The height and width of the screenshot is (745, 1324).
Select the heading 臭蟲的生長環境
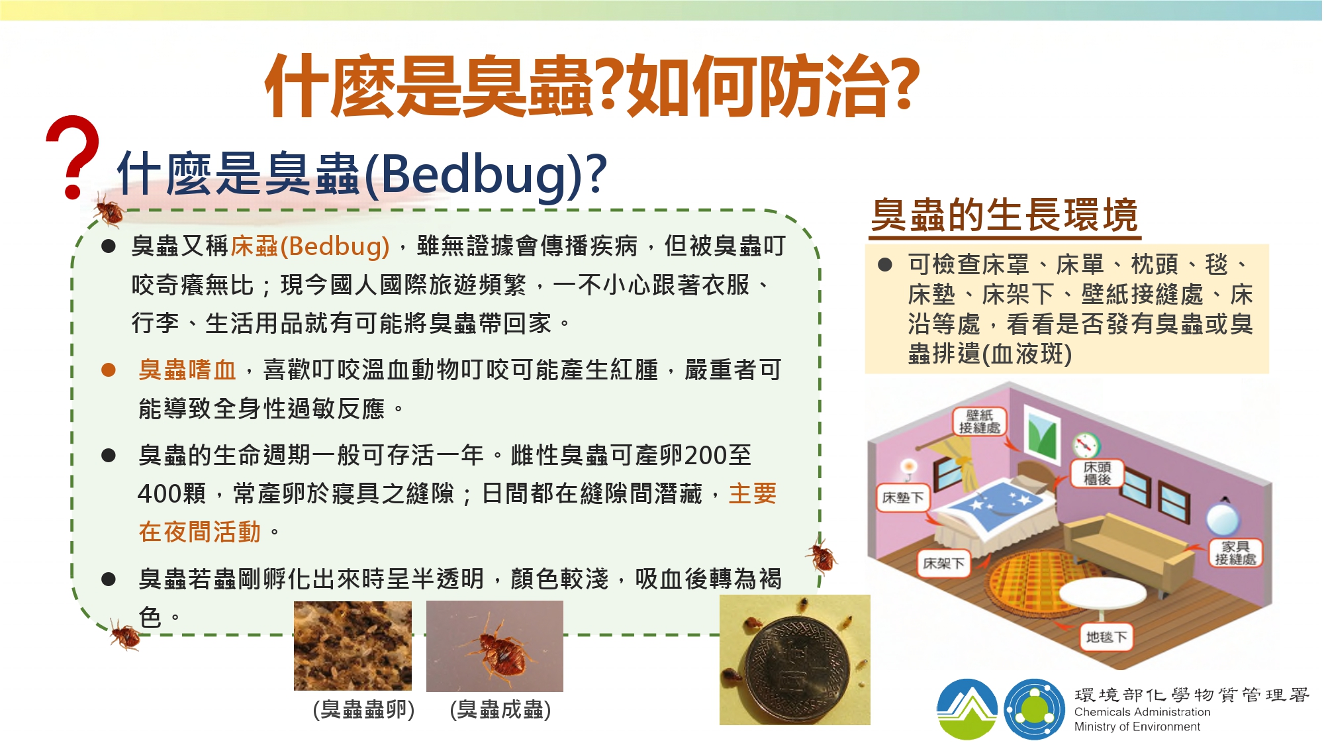click(x=1004, y=215)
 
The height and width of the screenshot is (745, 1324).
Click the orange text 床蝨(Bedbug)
click(x=310, y=246)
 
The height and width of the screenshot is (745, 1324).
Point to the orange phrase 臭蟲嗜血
click(x=187, y=370)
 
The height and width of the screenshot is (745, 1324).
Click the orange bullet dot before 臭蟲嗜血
click(x=109, y=370)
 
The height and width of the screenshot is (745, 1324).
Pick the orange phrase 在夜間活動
click(x=199, y=532)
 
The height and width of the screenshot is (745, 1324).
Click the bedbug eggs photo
click(x=353, y=646)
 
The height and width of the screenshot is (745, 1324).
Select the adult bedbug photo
click(x=495, y=646)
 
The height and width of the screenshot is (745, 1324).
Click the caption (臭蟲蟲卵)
click(x=363, y=709)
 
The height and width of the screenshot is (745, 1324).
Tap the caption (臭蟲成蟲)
click(x=500, y=709)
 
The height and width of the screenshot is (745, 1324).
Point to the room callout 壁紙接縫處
click(x=980, y=421)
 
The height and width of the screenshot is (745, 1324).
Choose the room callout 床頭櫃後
click(x=1097, y=473)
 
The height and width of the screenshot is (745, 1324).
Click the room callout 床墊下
click(x=903, y=497)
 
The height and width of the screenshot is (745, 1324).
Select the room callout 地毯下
click(x=1106, y=636)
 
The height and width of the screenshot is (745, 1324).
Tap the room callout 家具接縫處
click(x=1235, y=552)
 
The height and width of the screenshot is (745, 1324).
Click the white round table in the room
click(x=1102, y=593)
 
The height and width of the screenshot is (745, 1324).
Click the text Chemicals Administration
click(x=1142, y=712)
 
